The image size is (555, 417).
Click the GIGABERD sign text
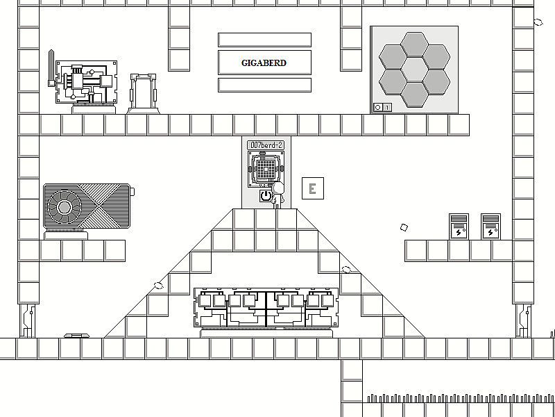[264, 63]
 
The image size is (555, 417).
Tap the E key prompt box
[313, 188]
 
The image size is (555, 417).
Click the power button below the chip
[266, 196]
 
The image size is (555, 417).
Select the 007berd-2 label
[266, 145]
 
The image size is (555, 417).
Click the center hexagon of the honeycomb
[414, 70]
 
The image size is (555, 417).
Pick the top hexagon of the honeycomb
[414, 44]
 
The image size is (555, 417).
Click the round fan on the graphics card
[65, 207]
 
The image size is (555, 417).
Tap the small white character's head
[278, 187]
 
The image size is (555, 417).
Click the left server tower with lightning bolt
[459, 227]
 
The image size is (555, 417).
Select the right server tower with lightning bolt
[490, 227]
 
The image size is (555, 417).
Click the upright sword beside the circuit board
[51, 68]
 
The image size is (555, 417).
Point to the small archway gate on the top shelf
[143, 94]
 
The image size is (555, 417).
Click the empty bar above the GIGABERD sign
[264, 40]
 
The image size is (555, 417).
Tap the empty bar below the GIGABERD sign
[264, 85]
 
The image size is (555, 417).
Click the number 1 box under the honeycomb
[387, 107]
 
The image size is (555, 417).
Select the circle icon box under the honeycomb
[378, 107]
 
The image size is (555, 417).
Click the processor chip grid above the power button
[266, 169]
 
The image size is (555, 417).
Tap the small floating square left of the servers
[404, 227]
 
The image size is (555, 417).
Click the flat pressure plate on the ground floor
[76, 336]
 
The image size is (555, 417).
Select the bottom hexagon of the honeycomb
[414, 95]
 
